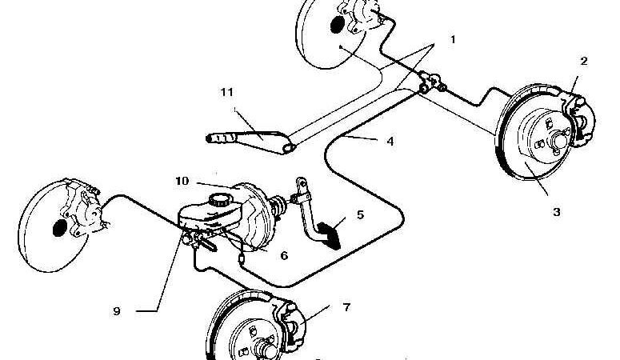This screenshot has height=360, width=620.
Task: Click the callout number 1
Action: tap(453, 39)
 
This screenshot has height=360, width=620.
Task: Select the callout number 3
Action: tap(556, 212)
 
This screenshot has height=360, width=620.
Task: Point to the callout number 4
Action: tap(390, 142)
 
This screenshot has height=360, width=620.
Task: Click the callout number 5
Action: tap(360, 214)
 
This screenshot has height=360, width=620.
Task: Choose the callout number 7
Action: tap(346, 306)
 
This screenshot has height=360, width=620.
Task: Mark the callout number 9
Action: tap(117, 310)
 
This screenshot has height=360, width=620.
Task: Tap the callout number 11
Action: tap(226, 93)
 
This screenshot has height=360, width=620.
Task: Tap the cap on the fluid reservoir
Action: tap(218, 199)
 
